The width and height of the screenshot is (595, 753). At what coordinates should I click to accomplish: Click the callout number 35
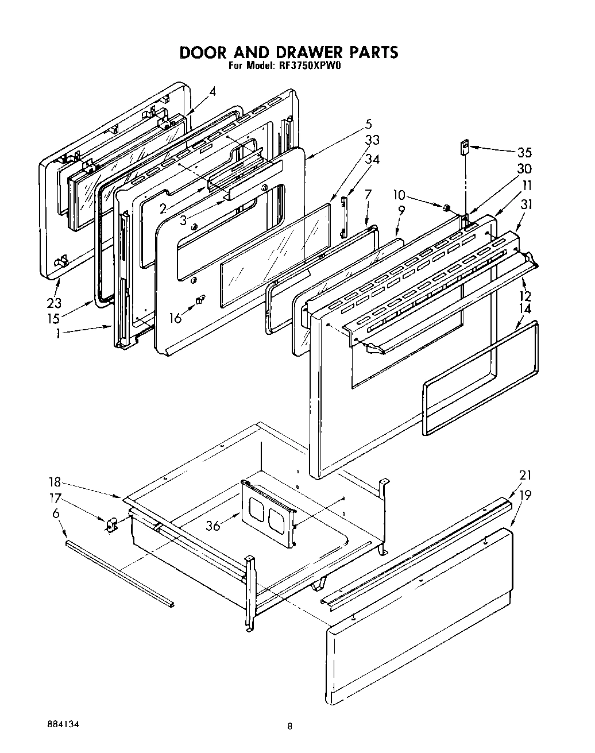[524, 152]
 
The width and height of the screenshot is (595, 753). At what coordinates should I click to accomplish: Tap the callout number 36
[212, 526]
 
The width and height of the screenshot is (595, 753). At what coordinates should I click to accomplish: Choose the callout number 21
[525, 475]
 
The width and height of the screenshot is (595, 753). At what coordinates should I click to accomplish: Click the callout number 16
[175, 317]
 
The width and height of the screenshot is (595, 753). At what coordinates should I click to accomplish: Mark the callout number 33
[372, 140]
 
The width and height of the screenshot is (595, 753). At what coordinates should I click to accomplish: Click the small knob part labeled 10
[445, 207]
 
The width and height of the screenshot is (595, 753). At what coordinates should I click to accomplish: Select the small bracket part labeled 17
[110, 524]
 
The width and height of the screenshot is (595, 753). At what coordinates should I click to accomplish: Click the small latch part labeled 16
[200, 300]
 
